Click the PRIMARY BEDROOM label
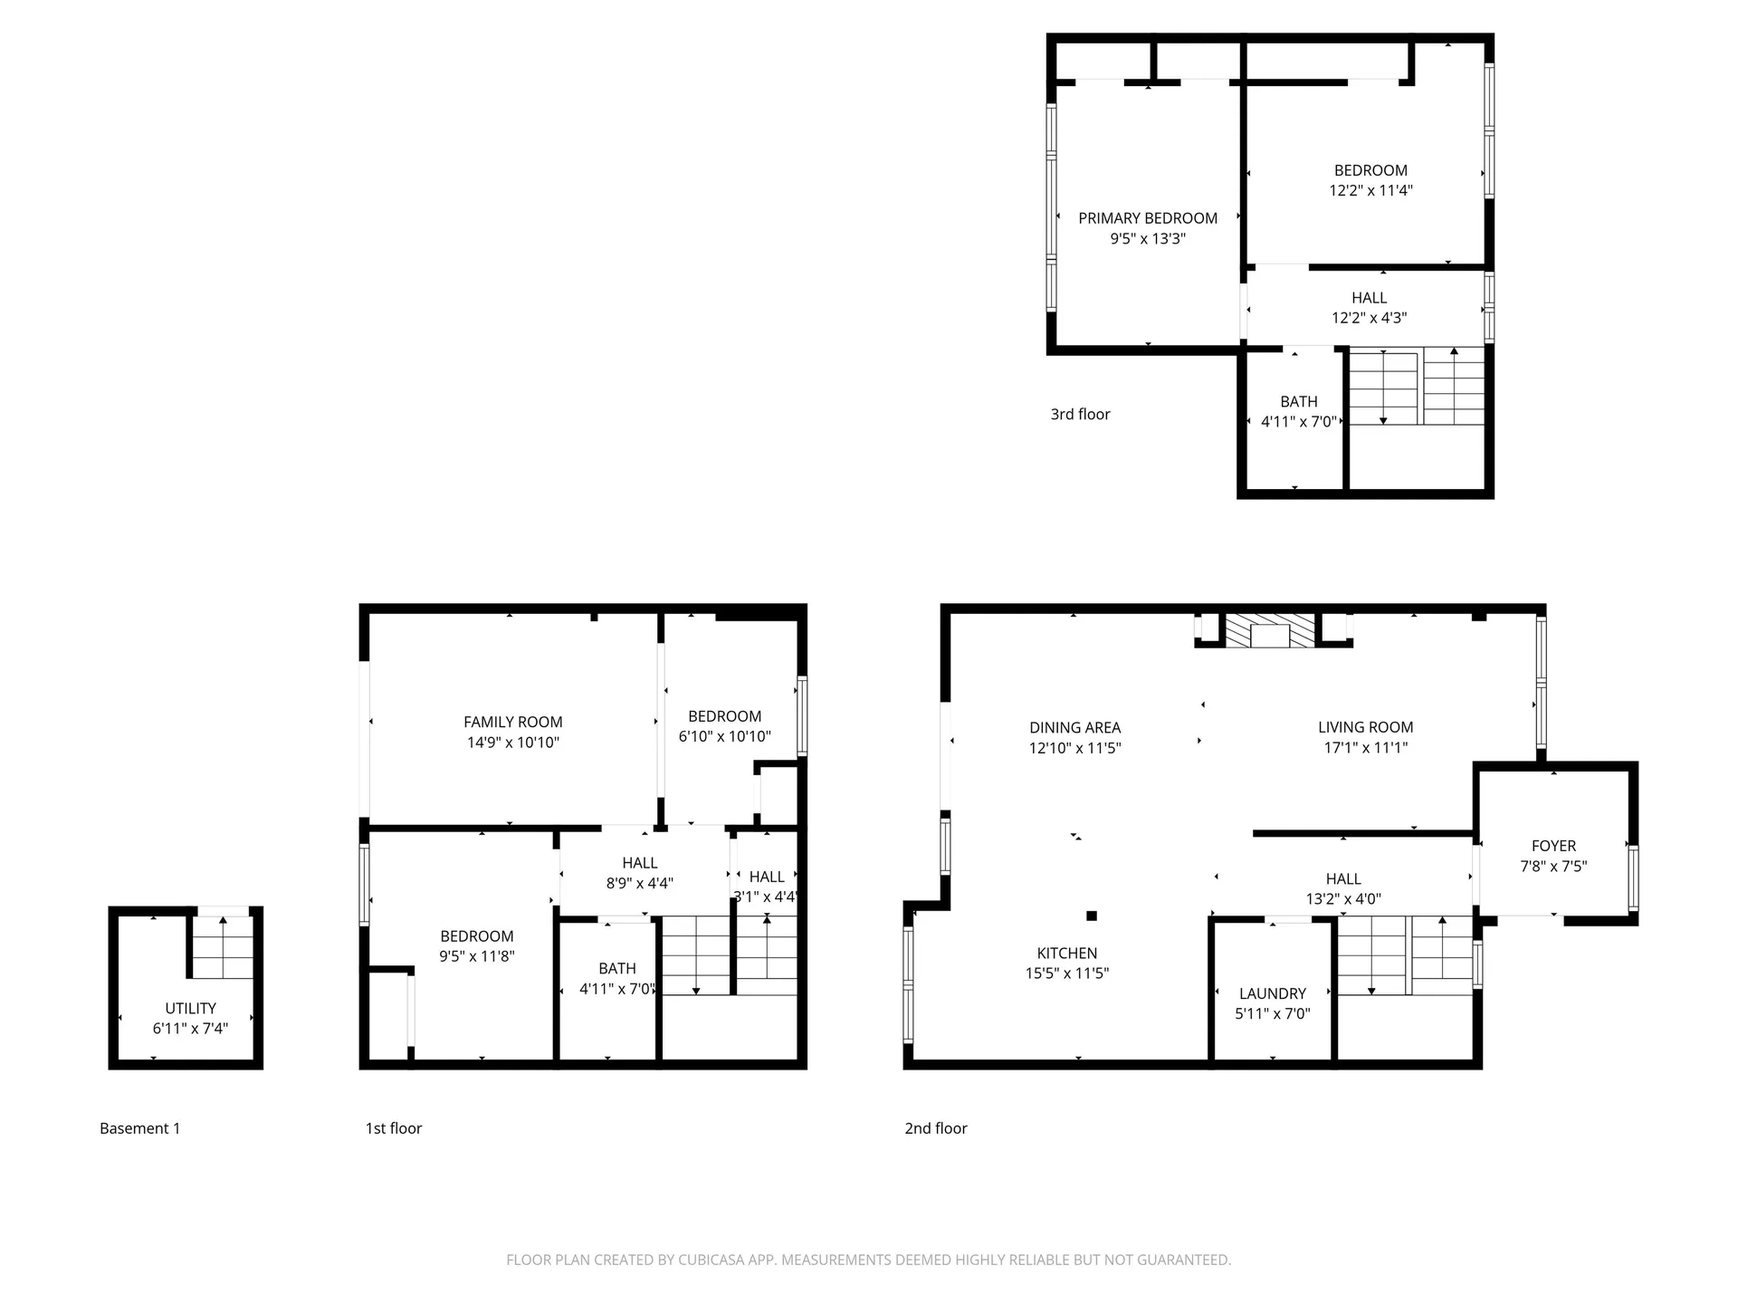1147,218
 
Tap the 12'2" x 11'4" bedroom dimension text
1370,191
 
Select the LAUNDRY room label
1272,993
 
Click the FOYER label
1553,846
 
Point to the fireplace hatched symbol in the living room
1269,631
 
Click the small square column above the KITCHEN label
1092,916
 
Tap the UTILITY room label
190,1008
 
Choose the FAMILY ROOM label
512,722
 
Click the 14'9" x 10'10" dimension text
512,743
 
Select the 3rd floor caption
1080,414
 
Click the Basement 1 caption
139,1128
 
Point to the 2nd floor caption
936,1128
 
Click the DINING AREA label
1074,727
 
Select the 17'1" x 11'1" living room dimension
1365,748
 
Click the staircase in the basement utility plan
223,946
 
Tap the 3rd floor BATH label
1298,401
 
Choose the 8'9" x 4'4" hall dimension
639,884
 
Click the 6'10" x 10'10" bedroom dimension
724,737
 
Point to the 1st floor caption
393,1128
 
